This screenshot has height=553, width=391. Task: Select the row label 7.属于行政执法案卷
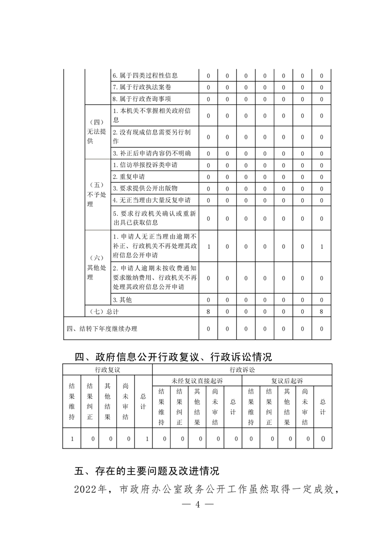[142, 87]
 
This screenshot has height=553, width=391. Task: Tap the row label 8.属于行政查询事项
[142, 99]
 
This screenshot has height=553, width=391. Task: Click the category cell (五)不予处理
[97, 194]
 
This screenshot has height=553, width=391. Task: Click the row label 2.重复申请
[129, 176]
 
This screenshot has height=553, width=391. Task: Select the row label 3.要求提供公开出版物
[145, 188]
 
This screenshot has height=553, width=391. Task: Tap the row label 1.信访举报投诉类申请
[148, 165]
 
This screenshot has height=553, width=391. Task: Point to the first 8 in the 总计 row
[209, 311]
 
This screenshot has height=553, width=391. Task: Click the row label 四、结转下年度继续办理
[102, 329]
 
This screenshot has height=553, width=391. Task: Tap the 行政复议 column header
[107, 369]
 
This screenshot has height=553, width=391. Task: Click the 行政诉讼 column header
[242, 369]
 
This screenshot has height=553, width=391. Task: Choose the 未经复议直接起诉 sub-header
[197, 381]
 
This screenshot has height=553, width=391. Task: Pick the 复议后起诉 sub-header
[287, 381]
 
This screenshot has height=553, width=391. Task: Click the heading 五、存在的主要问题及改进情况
[146, 471]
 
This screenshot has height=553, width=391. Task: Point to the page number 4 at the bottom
[196, 505]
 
